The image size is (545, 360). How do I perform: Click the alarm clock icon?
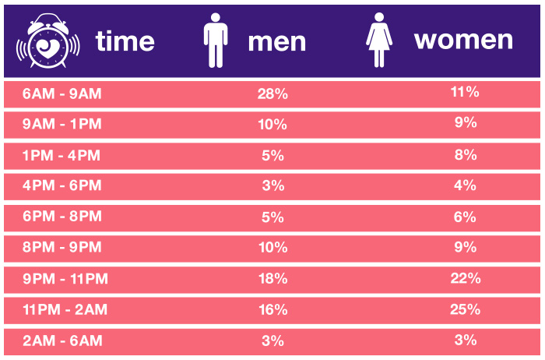[48, 41]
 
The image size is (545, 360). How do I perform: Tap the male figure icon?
[216, 41]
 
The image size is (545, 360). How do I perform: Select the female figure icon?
[379, 40]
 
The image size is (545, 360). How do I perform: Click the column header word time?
[125, 41]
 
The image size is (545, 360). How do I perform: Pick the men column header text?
[277, 43]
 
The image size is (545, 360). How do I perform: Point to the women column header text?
[464, 41]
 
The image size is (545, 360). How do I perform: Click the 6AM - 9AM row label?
[62, 94]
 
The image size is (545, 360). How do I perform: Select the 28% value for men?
[272, 94]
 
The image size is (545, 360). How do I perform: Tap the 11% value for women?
[465, 92]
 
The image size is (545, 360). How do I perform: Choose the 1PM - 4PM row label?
[62, 156]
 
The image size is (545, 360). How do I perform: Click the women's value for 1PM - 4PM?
[466, 155]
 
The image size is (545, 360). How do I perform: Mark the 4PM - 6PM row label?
[62, 185]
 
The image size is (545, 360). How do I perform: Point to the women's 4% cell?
[466, 185]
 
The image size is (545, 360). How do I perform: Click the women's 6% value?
[465, 217]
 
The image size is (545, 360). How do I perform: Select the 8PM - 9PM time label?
[62, 247]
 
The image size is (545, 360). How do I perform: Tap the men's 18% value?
[273, 279]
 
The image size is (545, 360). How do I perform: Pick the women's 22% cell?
[466, 278]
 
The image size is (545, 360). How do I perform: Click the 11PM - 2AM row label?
[65, 309]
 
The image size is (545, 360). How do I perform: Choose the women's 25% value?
[466, 309]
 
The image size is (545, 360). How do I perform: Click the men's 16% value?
[273, 310]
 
